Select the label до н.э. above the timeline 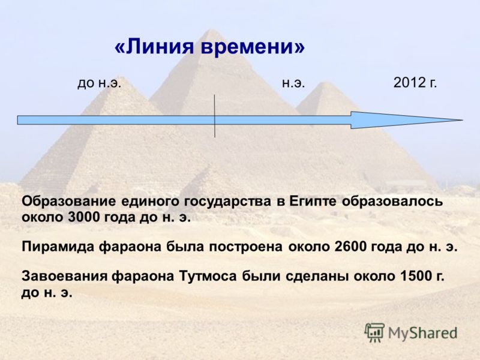point(99,83)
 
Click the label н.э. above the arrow point(293,83)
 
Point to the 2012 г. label point(415,83)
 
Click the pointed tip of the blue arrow point(462,120)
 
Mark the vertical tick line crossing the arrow point(215,116)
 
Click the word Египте point(313,202)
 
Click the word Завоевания point(64,277)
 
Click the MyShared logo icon point(374,332)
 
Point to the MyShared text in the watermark point(423,333)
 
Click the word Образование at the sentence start point(69,202)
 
